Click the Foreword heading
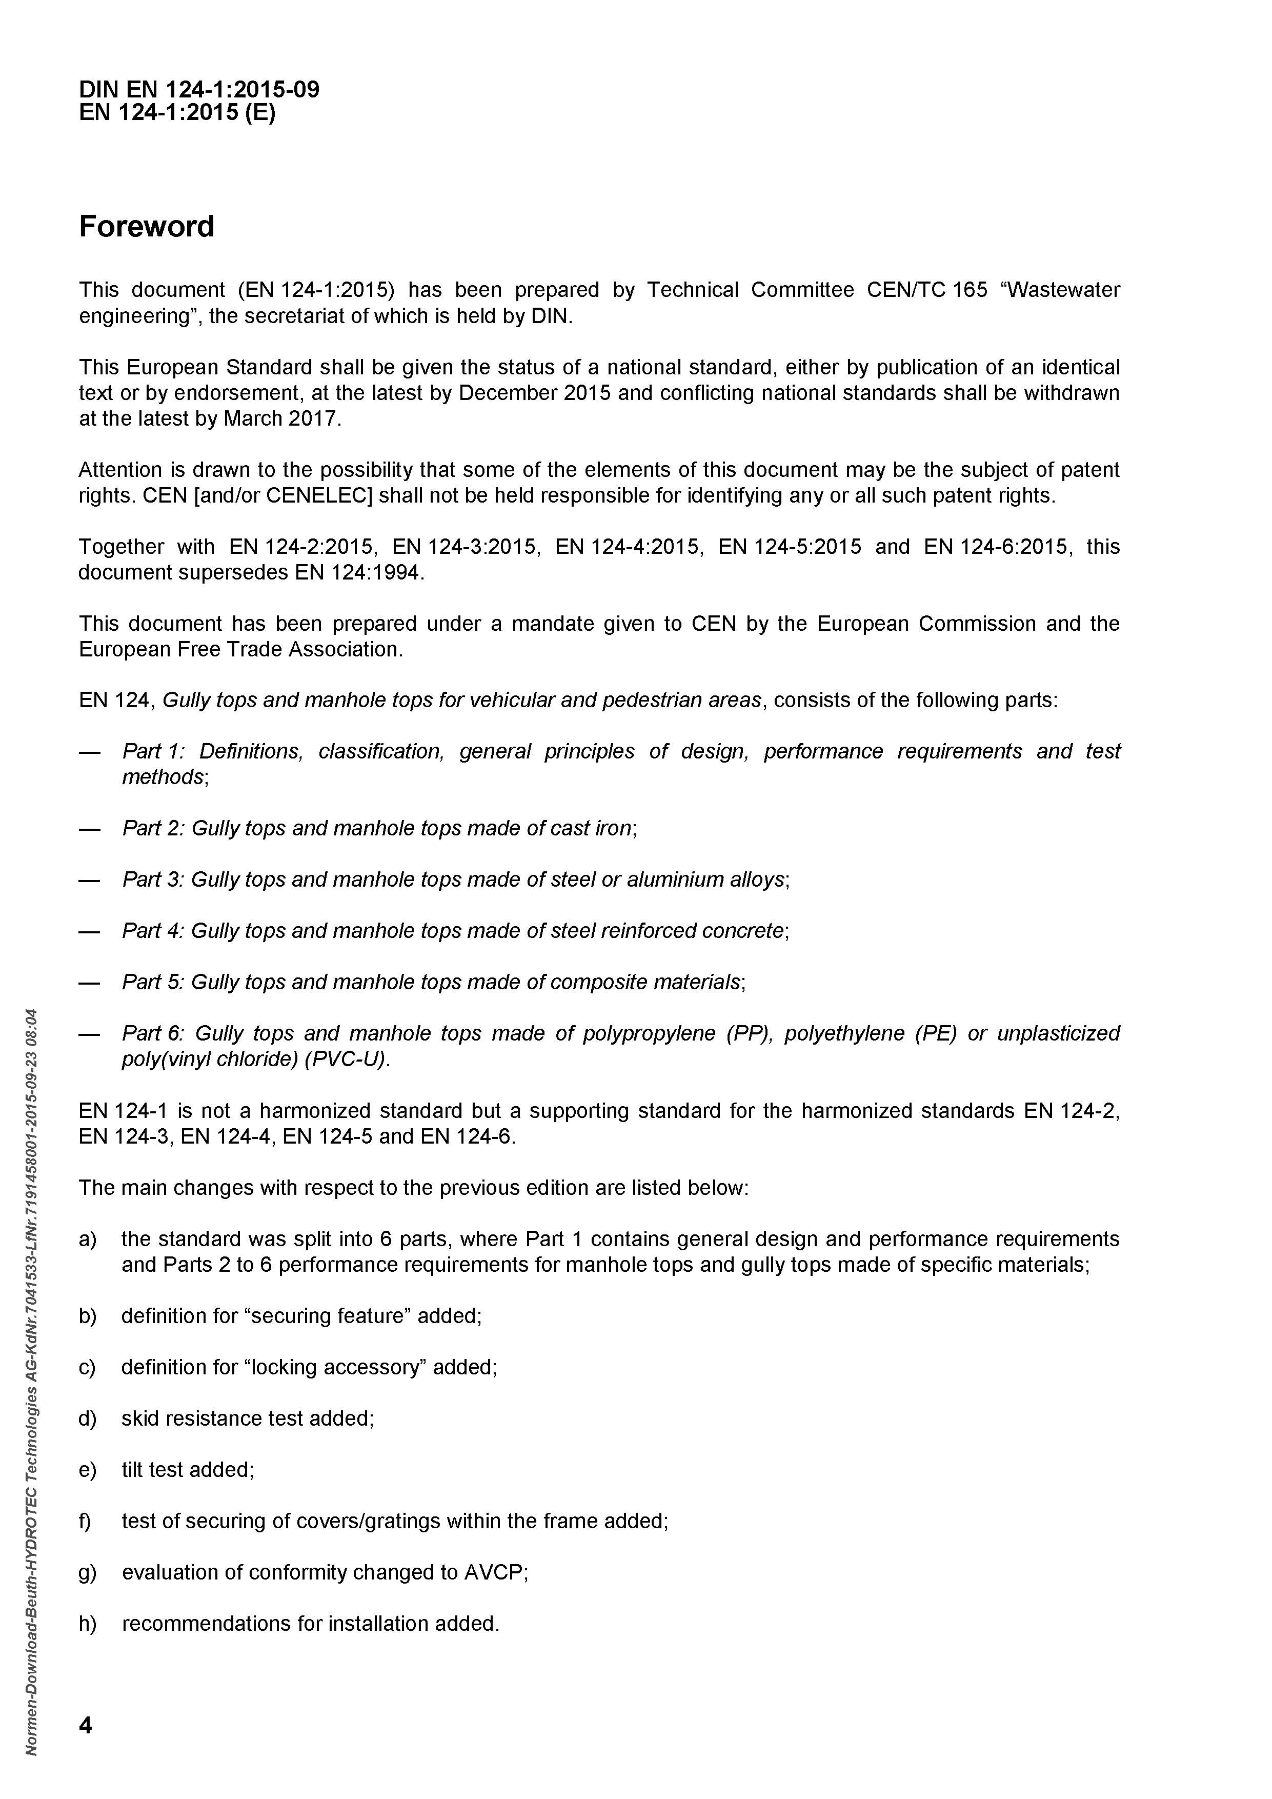coord(147,227)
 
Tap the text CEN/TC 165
coord(926,290)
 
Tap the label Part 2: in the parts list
coord(153,828)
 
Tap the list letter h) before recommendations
coord(87,1624)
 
